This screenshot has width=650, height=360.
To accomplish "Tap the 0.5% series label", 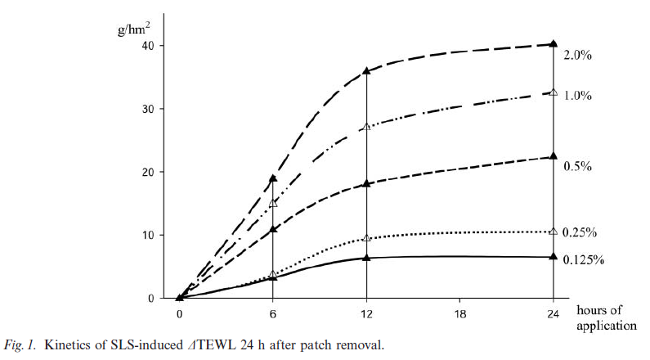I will point(576,166).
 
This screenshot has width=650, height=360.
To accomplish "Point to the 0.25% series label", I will point(580,233).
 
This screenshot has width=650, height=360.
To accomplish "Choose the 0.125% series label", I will point(583,260).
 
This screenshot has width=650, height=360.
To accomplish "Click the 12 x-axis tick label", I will point(366,313).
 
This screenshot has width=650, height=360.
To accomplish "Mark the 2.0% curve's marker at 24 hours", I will point(554,43).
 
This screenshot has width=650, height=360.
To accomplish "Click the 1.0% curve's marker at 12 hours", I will point(366,127).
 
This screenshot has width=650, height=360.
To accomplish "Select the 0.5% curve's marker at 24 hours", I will point(554,156).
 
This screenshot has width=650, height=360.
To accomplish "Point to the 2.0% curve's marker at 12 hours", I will point(366,71).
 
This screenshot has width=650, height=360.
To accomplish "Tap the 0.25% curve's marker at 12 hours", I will point(366,238).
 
